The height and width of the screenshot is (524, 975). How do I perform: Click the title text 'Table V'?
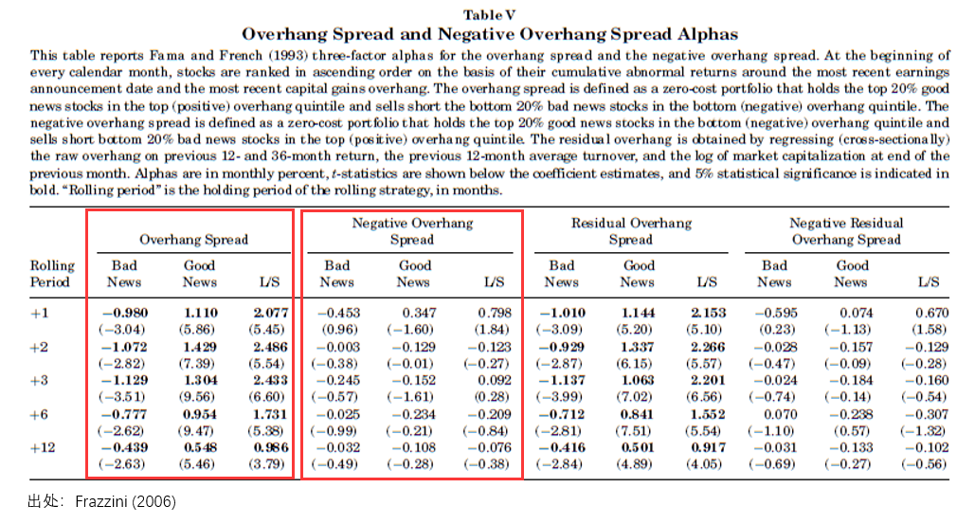489,15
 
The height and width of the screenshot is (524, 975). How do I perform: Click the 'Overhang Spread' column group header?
193,240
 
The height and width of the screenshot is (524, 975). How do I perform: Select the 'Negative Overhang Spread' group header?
412,231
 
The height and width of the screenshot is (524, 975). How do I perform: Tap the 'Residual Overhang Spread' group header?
631,231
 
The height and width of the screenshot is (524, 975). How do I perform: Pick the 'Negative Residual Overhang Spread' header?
845,231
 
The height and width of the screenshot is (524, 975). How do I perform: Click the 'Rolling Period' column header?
52,274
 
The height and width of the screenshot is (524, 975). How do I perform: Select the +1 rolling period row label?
39,313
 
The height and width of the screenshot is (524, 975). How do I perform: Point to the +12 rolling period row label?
43,447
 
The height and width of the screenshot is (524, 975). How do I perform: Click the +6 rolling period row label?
39,414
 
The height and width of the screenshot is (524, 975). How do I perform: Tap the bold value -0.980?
125,313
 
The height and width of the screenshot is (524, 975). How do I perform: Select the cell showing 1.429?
200,347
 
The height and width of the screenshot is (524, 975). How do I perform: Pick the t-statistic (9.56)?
196,397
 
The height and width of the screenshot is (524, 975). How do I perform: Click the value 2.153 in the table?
708,313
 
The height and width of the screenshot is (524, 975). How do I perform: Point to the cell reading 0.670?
931,313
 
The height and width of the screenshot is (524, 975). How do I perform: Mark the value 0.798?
495,313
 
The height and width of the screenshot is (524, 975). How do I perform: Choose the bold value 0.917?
708,447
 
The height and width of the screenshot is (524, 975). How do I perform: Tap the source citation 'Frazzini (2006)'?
126,501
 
